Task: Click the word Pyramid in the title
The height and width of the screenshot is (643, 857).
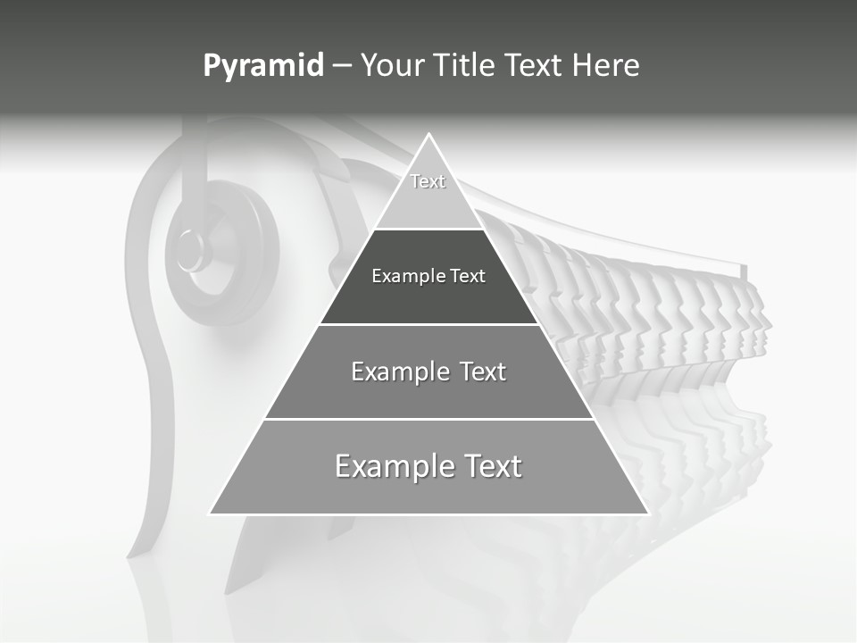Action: (263, 65)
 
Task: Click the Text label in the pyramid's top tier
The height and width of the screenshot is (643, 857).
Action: (428, 181)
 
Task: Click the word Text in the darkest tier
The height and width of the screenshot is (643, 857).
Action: (468, 276)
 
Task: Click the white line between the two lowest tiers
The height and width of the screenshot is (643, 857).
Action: (428, 419)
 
